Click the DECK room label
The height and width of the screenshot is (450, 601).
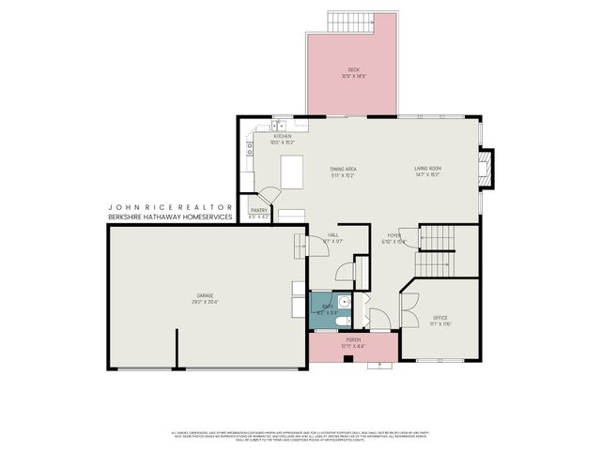pyautogui.click(x=353, y=68)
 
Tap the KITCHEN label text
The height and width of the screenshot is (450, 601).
pyautogui.click(x=283, y=137)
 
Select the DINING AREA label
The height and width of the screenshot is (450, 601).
pyautogui.click(x=343, y=169)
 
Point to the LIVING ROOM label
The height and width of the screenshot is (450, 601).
pyautogui.click(x=428, y=169)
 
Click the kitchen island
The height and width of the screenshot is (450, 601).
pyautogui.click(x=292, y=172)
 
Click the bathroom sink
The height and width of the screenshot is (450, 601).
pyautogui.click(x=345, y=301)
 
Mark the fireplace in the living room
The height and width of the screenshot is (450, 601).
pyautogui.click(x=485, y=170)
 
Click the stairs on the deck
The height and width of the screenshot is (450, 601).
pyautogui.click(x=349, y=21)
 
